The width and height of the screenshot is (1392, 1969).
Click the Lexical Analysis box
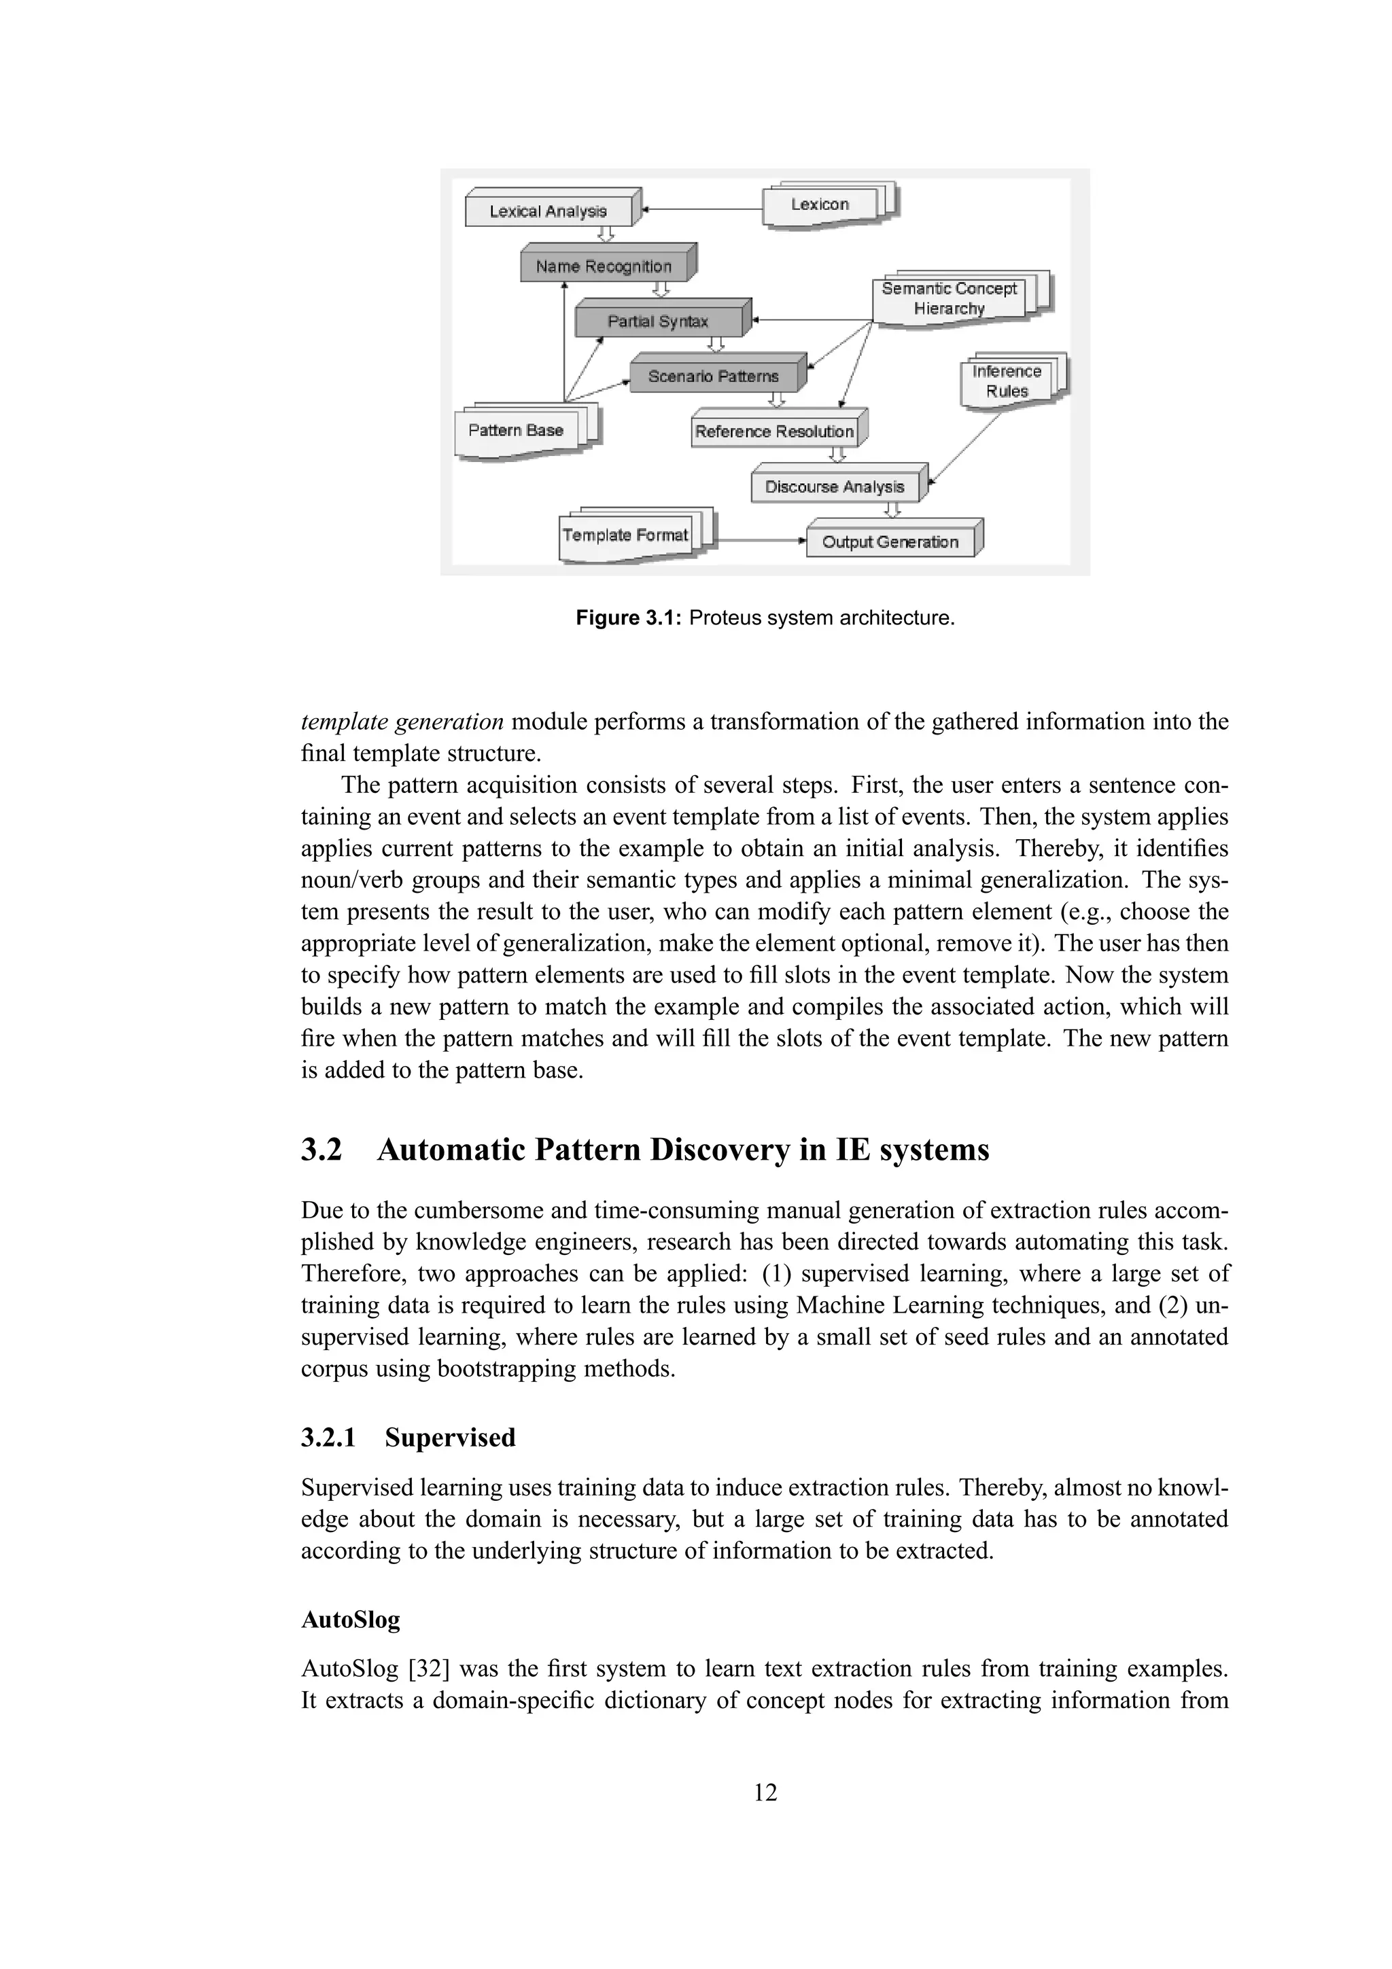pyautogui.click(x=549, y=211)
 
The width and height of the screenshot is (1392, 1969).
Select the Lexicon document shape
pyautogui.click(x=821, y=205)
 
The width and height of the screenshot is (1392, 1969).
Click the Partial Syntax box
pyautogui.click(x=658, y=321)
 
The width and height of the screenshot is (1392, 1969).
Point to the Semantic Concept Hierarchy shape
pyautogui.click(x=950, y=298)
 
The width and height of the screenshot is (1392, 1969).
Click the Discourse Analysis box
pyautogui.click(x=835, y=487)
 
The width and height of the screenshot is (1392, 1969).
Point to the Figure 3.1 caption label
pyautogui.click(x=629, y=618)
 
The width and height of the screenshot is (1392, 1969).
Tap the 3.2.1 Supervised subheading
pyautogui.click(x=408, y=1438)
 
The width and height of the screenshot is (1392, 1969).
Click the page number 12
pyautogui.click(x=765, y=1792)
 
